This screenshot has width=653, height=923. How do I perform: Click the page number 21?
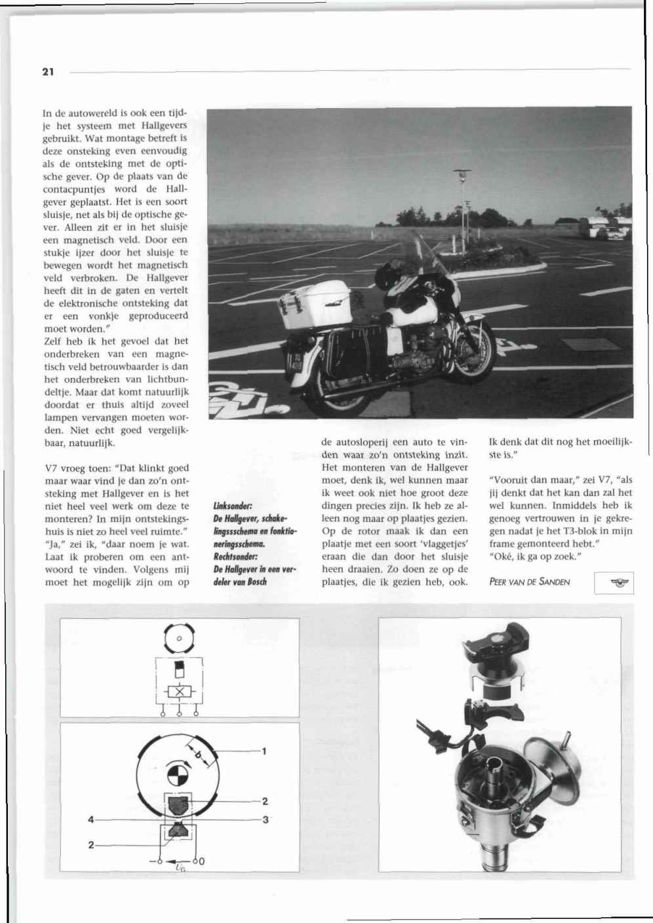tap(47, 72)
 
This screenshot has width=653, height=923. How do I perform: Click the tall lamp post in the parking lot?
tap(462, 197)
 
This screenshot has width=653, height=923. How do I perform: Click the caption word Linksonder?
tap(229, 506)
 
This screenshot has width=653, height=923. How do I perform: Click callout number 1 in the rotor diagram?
tap(264, 751)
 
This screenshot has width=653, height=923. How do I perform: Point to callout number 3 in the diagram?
tap(265, 819)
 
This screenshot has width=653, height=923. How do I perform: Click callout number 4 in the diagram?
tap(92, 819)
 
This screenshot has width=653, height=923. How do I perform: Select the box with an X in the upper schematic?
tap(179, 693)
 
